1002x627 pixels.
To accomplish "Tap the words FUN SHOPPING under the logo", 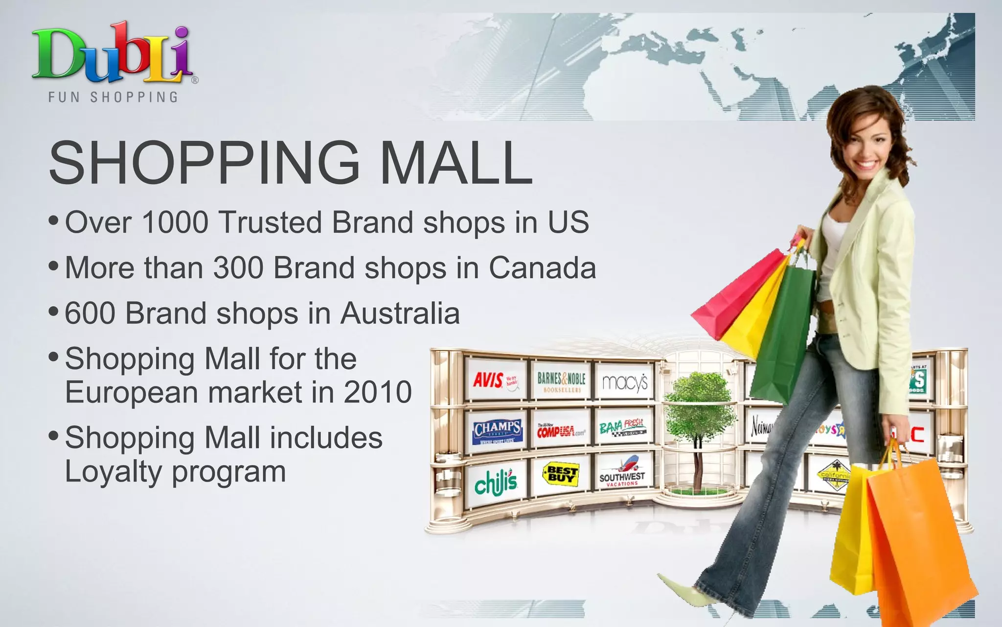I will point(113,97).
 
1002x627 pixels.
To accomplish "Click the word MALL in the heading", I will point(456,163).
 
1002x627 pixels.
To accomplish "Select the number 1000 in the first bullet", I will point(175,222).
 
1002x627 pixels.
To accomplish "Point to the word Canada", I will point(542,268).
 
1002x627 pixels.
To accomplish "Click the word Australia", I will point(400,313).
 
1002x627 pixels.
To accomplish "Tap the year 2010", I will point(378,392).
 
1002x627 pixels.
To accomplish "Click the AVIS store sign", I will point(495,380).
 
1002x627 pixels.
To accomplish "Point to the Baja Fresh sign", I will point(623,428).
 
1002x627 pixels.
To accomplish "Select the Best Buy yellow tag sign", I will point(561,474).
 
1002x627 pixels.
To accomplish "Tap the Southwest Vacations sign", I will point(622,473).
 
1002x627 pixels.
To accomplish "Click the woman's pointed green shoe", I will point(685,590).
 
